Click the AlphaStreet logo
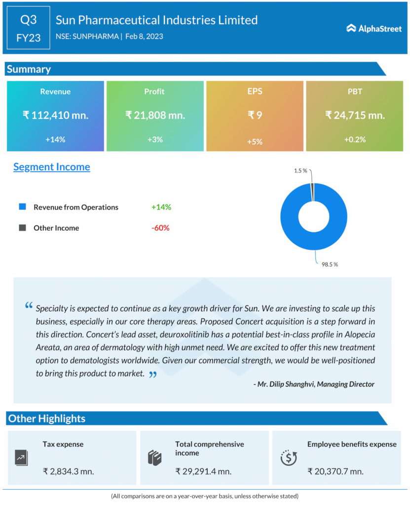pos(373,28)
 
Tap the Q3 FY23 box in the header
pos(29,28)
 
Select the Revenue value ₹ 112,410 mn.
pos(55,115)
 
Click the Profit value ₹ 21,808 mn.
pos(155,115)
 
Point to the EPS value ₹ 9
pos(255,115)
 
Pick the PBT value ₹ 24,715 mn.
pos(355,115)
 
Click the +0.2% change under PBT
pos(355,139)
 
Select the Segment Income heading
pos(52,167)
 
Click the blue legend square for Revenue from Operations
pos(22,207)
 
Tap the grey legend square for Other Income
pos(22,228)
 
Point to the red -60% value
pos(161,228)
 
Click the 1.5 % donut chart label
pos(300,170)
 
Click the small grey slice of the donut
pos(312,192)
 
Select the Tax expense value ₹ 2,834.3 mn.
pos(68,471)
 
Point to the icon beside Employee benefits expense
pos(288,458)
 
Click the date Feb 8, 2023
pos(144,36)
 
